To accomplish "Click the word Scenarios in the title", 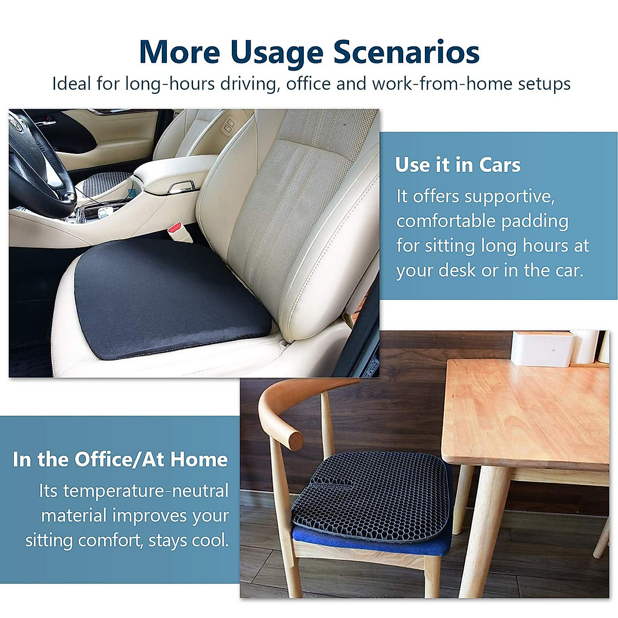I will [x=407, y=52].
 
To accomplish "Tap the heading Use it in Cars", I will [x=458, y=165].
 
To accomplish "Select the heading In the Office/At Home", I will [x=120, y=459].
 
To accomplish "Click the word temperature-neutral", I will [x=146, y=491].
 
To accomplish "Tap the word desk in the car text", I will [x=458, y=270].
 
